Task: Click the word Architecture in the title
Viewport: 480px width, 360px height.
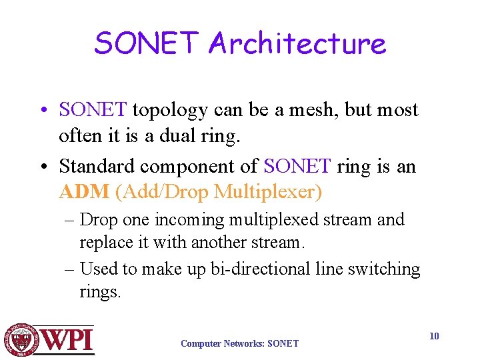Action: (297, 44)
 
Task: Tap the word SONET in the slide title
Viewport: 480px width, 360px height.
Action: (147, 44)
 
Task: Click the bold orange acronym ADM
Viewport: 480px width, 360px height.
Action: (83, 193)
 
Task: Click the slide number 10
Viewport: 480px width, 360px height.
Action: (434, 336)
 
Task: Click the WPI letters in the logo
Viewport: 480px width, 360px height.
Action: (69, 341)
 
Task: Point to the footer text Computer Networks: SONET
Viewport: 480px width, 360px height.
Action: (239, 344)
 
